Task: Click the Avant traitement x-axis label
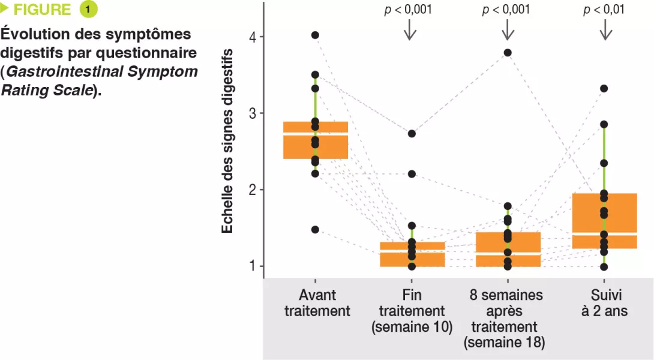[x=317, y=303]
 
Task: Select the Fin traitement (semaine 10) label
[x=412, y=311]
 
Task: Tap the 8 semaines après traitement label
[x=507, y=319]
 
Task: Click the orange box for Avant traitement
[x=316, y=140]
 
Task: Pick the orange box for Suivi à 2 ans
[x=604, y=221]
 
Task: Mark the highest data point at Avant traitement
[x=315, y=35]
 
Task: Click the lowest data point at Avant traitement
[x=315, y=230]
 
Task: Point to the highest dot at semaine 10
[x=412, y=134]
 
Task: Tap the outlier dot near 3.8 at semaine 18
[x=508, y=53]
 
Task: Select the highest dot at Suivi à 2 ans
[x=604, y=89]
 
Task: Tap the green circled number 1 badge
[x=88, y=10]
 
